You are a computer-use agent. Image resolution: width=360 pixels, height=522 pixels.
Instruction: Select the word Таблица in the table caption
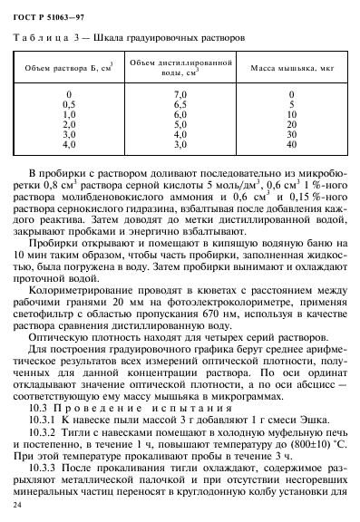40,39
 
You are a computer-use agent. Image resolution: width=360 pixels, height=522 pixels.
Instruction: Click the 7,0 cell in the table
180,94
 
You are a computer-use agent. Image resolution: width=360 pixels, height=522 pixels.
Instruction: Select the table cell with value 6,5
180,104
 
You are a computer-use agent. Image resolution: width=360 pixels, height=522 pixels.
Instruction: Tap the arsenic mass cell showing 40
290,144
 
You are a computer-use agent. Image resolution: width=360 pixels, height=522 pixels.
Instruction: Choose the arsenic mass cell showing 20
290,124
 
